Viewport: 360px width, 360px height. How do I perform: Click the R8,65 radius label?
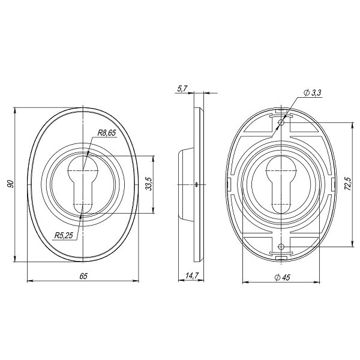107,133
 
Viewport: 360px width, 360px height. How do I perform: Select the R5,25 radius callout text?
64,235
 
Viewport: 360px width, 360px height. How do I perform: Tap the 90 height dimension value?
11,184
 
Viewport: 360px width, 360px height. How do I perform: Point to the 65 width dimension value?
83,276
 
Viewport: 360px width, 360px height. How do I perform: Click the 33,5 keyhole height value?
149,184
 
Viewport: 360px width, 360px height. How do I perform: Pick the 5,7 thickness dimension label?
182,89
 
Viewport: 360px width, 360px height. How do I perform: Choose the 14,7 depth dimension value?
192,276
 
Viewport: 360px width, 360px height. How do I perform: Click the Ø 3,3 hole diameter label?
312,93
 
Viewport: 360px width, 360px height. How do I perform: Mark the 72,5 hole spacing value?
348,184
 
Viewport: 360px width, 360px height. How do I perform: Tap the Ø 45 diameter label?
282,277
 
